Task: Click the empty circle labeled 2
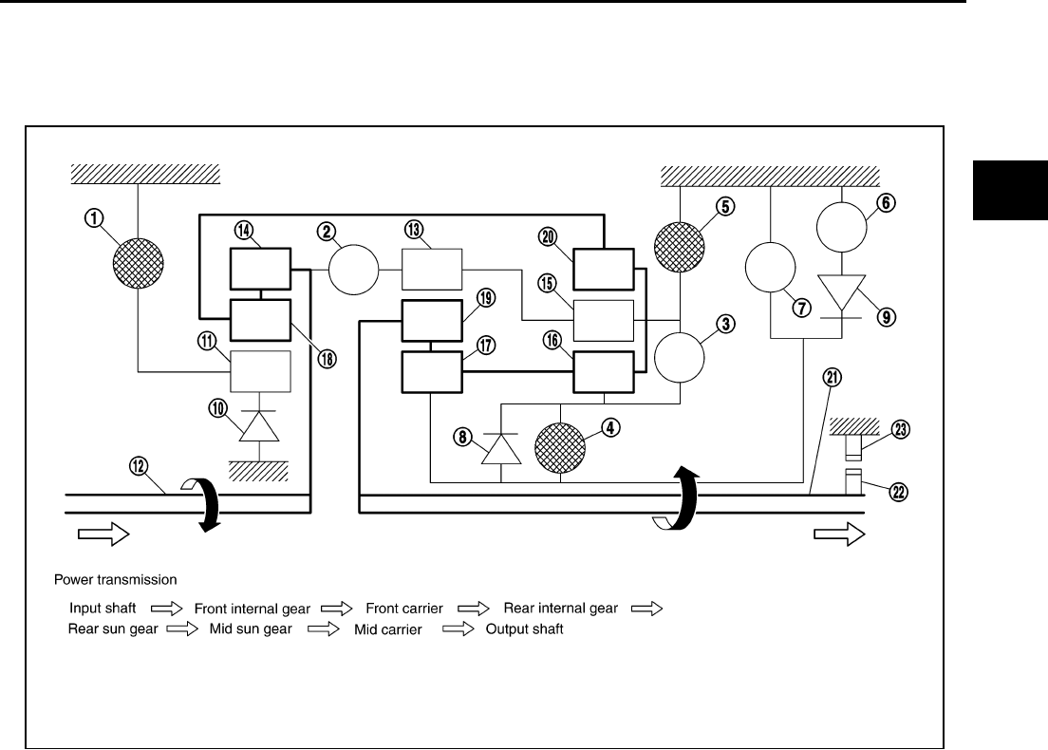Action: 354,271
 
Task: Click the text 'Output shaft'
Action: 525,629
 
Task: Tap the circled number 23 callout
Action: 901,429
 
